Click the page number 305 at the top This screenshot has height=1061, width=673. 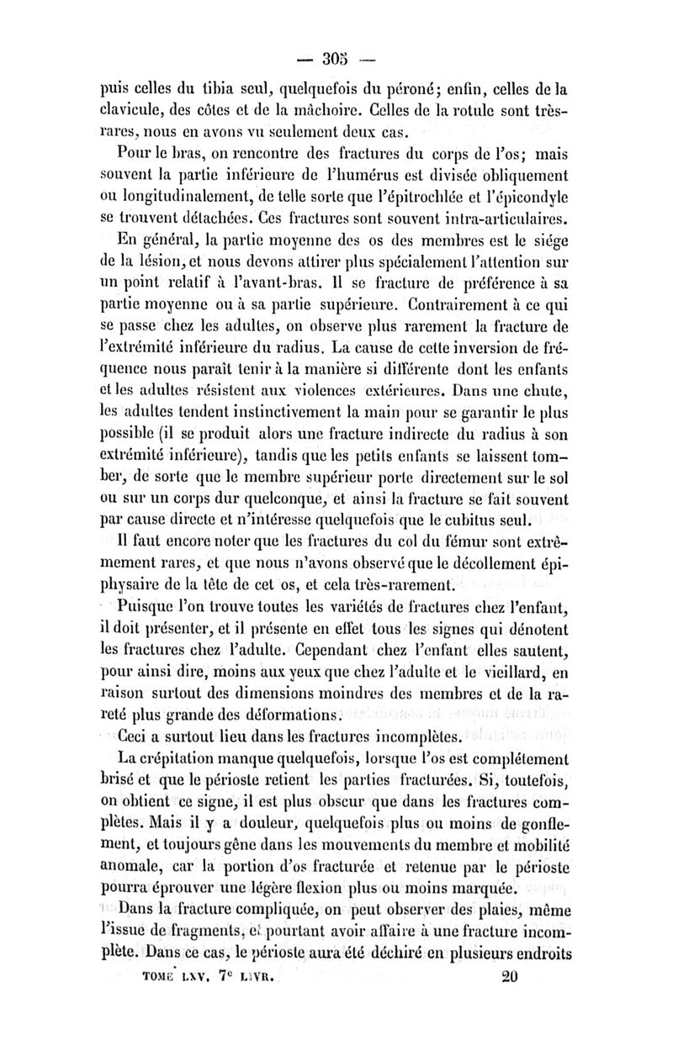pyautogui.click(x=335, y=60)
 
